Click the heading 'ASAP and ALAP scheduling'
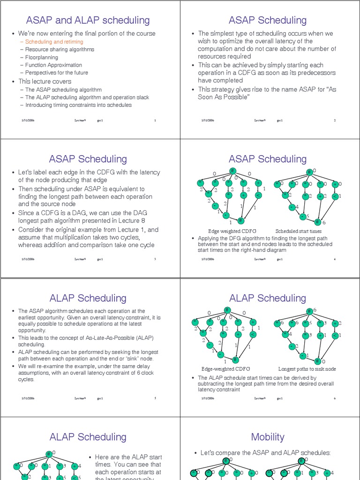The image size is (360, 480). tap(88, 20)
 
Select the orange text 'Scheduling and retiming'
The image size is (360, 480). tap(51, 42)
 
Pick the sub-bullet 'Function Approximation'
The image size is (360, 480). tap(53, 65)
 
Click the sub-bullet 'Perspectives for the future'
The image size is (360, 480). tap(56, 73)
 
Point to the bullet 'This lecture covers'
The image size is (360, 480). tap(45, 81)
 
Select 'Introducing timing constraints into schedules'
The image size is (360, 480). tap(78, 105)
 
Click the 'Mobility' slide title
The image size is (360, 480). tap(268, 437)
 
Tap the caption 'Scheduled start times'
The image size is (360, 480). tap(299, 231)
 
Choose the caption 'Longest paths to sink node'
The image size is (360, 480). tap(307, 369)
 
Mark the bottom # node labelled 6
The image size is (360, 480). tap(317, 222)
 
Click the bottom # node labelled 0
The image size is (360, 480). tap(317, 361)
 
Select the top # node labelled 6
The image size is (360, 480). tap(309, 311)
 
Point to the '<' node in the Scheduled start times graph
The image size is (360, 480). tap(335, 196)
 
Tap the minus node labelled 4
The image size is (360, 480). tap(291, 207)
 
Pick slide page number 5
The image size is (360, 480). tap(155, 398)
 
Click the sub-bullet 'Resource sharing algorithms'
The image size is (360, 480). tap(60, 49)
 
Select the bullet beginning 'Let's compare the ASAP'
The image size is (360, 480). tap(265, 453)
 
